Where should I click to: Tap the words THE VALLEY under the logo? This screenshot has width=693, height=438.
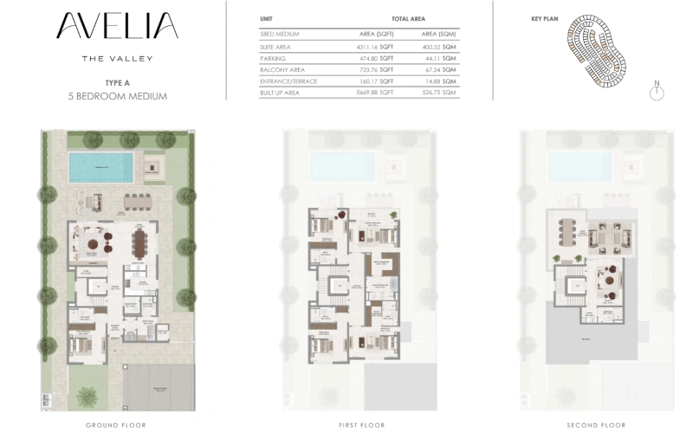(116, 58)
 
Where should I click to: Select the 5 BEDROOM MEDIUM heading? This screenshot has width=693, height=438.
(116, 96)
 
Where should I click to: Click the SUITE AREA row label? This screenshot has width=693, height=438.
(278, 45)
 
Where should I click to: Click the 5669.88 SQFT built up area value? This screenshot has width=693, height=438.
(374, 92)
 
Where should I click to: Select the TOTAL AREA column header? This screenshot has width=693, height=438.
(408, 18)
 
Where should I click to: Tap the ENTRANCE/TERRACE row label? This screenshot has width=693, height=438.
(288, 81)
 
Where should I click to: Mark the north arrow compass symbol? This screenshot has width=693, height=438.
(657, 91)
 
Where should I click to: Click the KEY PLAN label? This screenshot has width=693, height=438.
(543, 18)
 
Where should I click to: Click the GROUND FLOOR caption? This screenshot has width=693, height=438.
(115, 425)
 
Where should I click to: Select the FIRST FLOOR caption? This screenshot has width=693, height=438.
(361, 425)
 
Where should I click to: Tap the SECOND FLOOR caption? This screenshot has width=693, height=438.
(596, 425)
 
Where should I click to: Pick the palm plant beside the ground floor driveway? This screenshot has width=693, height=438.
(88, 396)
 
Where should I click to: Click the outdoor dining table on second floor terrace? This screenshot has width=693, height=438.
(567, 232)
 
